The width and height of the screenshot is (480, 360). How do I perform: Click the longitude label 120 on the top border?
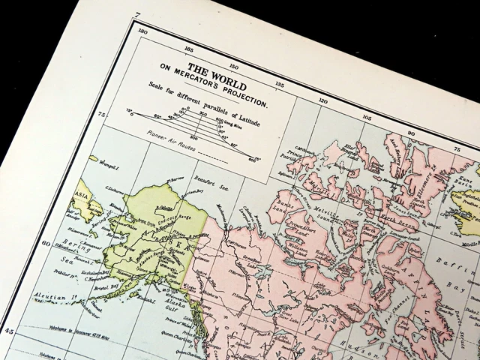click(x=323, y=100)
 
